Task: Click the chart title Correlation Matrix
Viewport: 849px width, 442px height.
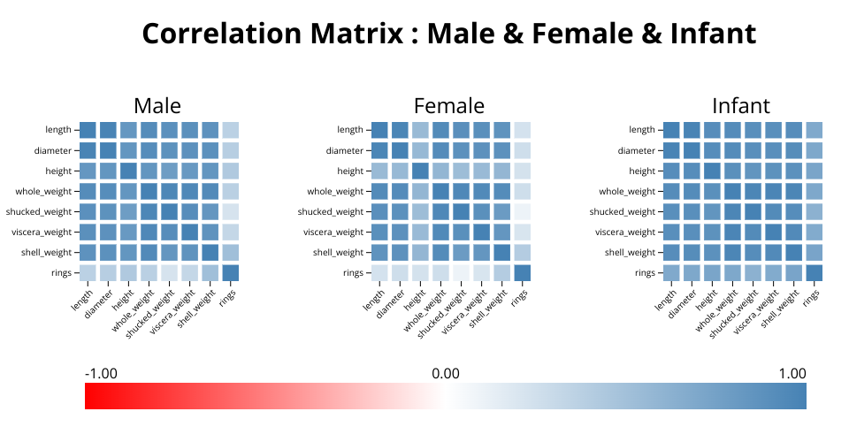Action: coord(448,34)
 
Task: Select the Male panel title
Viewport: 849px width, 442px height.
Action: coord(157,106)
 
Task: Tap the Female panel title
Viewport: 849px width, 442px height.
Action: coord(449,106)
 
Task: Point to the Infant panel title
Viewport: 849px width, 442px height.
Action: coord(741,106)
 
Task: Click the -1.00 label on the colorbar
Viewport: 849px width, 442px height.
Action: coord(101,373)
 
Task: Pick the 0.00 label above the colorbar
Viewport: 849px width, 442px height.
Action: coord(446,373)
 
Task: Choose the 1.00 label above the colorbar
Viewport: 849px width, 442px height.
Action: coord(792,373)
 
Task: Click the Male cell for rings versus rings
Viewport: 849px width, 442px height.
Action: coord(230,272)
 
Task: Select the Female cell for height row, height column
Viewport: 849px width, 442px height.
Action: coord(420,171)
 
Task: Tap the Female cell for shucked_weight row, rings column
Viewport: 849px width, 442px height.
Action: coord(522,211)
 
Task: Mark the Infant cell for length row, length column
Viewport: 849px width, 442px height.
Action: coord(671,130)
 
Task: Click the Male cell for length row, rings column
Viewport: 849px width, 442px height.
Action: coord(230,130)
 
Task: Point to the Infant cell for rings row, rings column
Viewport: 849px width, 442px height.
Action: coord(814,272)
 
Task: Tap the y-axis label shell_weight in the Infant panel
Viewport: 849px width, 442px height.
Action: coord(631,252)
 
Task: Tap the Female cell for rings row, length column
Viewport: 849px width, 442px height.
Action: coord(379,272)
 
